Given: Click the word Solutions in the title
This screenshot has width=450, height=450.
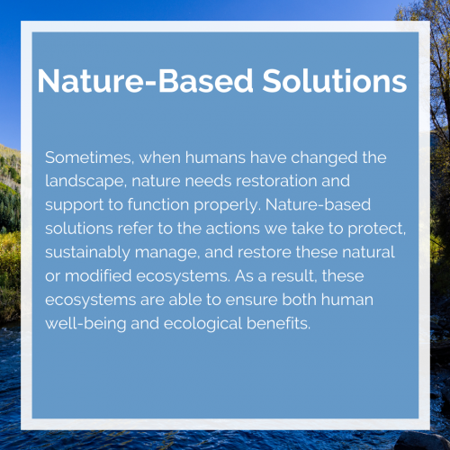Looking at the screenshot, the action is [335, 81].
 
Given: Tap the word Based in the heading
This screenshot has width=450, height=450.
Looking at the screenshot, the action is [206, 81].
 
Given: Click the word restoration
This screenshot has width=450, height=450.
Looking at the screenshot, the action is [276, 181].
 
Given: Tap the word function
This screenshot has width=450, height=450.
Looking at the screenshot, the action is [158, 204].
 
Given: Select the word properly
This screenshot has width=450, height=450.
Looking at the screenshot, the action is [227, 205].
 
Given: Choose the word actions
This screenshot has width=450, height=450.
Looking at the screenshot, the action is [232, 229].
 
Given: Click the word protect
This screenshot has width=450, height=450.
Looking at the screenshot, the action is [377, 229].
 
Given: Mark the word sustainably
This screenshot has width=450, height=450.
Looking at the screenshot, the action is [87, 253].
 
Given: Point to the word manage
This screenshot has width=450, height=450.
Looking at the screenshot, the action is [167, 253].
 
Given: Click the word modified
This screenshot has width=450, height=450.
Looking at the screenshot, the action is [98, 275].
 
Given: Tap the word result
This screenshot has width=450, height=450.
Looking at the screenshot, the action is [294, 276].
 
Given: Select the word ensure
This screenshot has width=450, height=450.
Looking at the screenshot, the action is [251, 300].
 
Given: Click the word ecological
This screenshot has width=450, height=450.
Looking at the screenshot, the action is [202, 324].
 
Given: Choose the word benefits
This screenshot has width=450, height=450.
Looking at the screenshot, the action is [278, 323].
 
